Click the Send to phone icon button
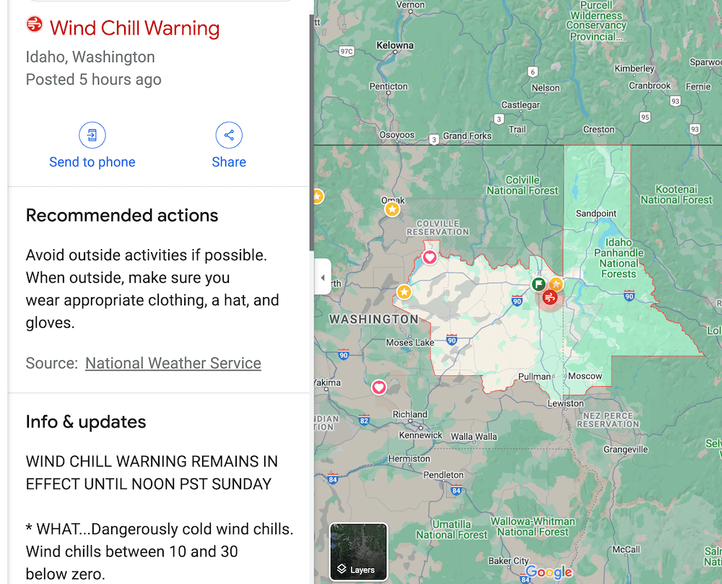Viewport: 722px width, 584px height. (x=92, y=135)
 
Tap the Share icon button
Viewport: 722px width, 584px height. (x=229, y=135)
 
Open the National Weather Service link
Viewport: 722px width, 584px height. (x=173, y=363)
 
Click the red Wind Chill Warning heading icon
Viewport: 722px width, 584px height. (x=34, y=25)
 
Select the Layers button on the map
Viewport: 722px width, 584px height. (x=359, y=552)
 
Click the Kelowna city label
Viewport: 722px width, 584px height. (x=395, y=45)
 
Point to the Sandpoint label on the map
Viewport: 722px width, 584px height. (x=596, y=214)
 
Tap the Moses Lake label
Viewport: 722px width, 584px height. (x=410, y=342)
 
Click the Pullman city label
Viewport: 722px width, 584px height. (x=534, y=376)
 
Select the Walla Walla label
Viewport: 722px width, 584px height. (x=474, y=437)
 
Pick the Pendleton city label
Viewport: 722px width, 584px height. (x=443, y=475)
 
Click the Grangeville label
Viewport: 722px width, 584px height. (x=625, y=449)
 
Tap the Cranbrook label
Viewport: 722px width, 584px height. (x=649, y=85)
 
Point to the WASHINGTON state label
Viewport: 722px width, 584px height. (x=373, y=319)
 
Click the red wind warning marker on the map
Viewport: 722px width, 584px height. (x=550, y=297)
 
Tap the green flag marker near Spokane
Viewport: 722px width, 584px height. (x=539, y=284)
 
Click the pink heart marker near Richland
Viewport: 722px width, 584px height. (x=379, y=388)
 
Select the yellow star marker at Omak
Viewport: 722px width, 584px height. (x=392, y=209)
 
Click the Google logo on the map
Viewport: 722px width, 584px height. (x=549, y=572)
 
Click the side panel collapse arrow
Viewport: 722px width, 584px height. (x=323, y=277)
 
